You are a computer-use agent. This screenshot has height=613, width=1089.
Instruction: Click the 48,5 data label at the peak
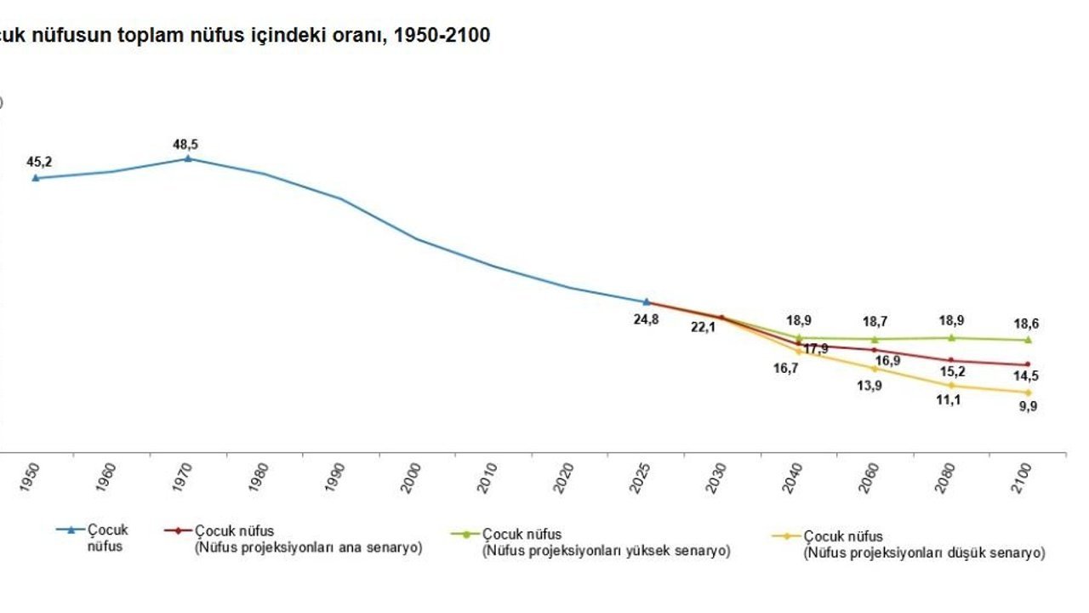click(185, 145)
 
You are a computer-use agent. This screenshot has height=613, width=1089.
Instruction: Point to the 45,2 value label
click(39, 162)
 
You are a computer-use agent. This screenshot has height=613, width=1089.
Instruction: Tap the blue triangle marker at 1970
click(188, 158)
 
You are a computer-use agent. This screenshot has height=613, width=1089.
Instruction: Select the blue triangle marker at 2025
click(647, 301)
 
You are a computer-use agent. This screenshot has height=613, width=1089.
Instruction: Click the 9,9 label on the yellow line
click(1028, 406)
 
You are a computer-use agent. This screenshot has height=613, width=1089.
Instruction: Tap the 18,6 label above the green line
click(1027, 324)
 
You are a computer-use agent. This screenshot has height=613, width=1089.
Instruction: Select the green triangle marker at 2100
click(1028, 340)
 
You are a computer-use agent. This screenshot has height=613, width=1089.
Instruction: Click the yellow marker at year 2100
click(1028, 392)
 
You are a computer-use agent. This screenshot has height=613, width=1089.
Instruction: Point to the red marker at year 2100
click(1028, 364)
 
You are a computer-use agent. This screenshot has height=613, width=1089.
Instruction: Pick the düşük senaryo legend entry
click(924, 546)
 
